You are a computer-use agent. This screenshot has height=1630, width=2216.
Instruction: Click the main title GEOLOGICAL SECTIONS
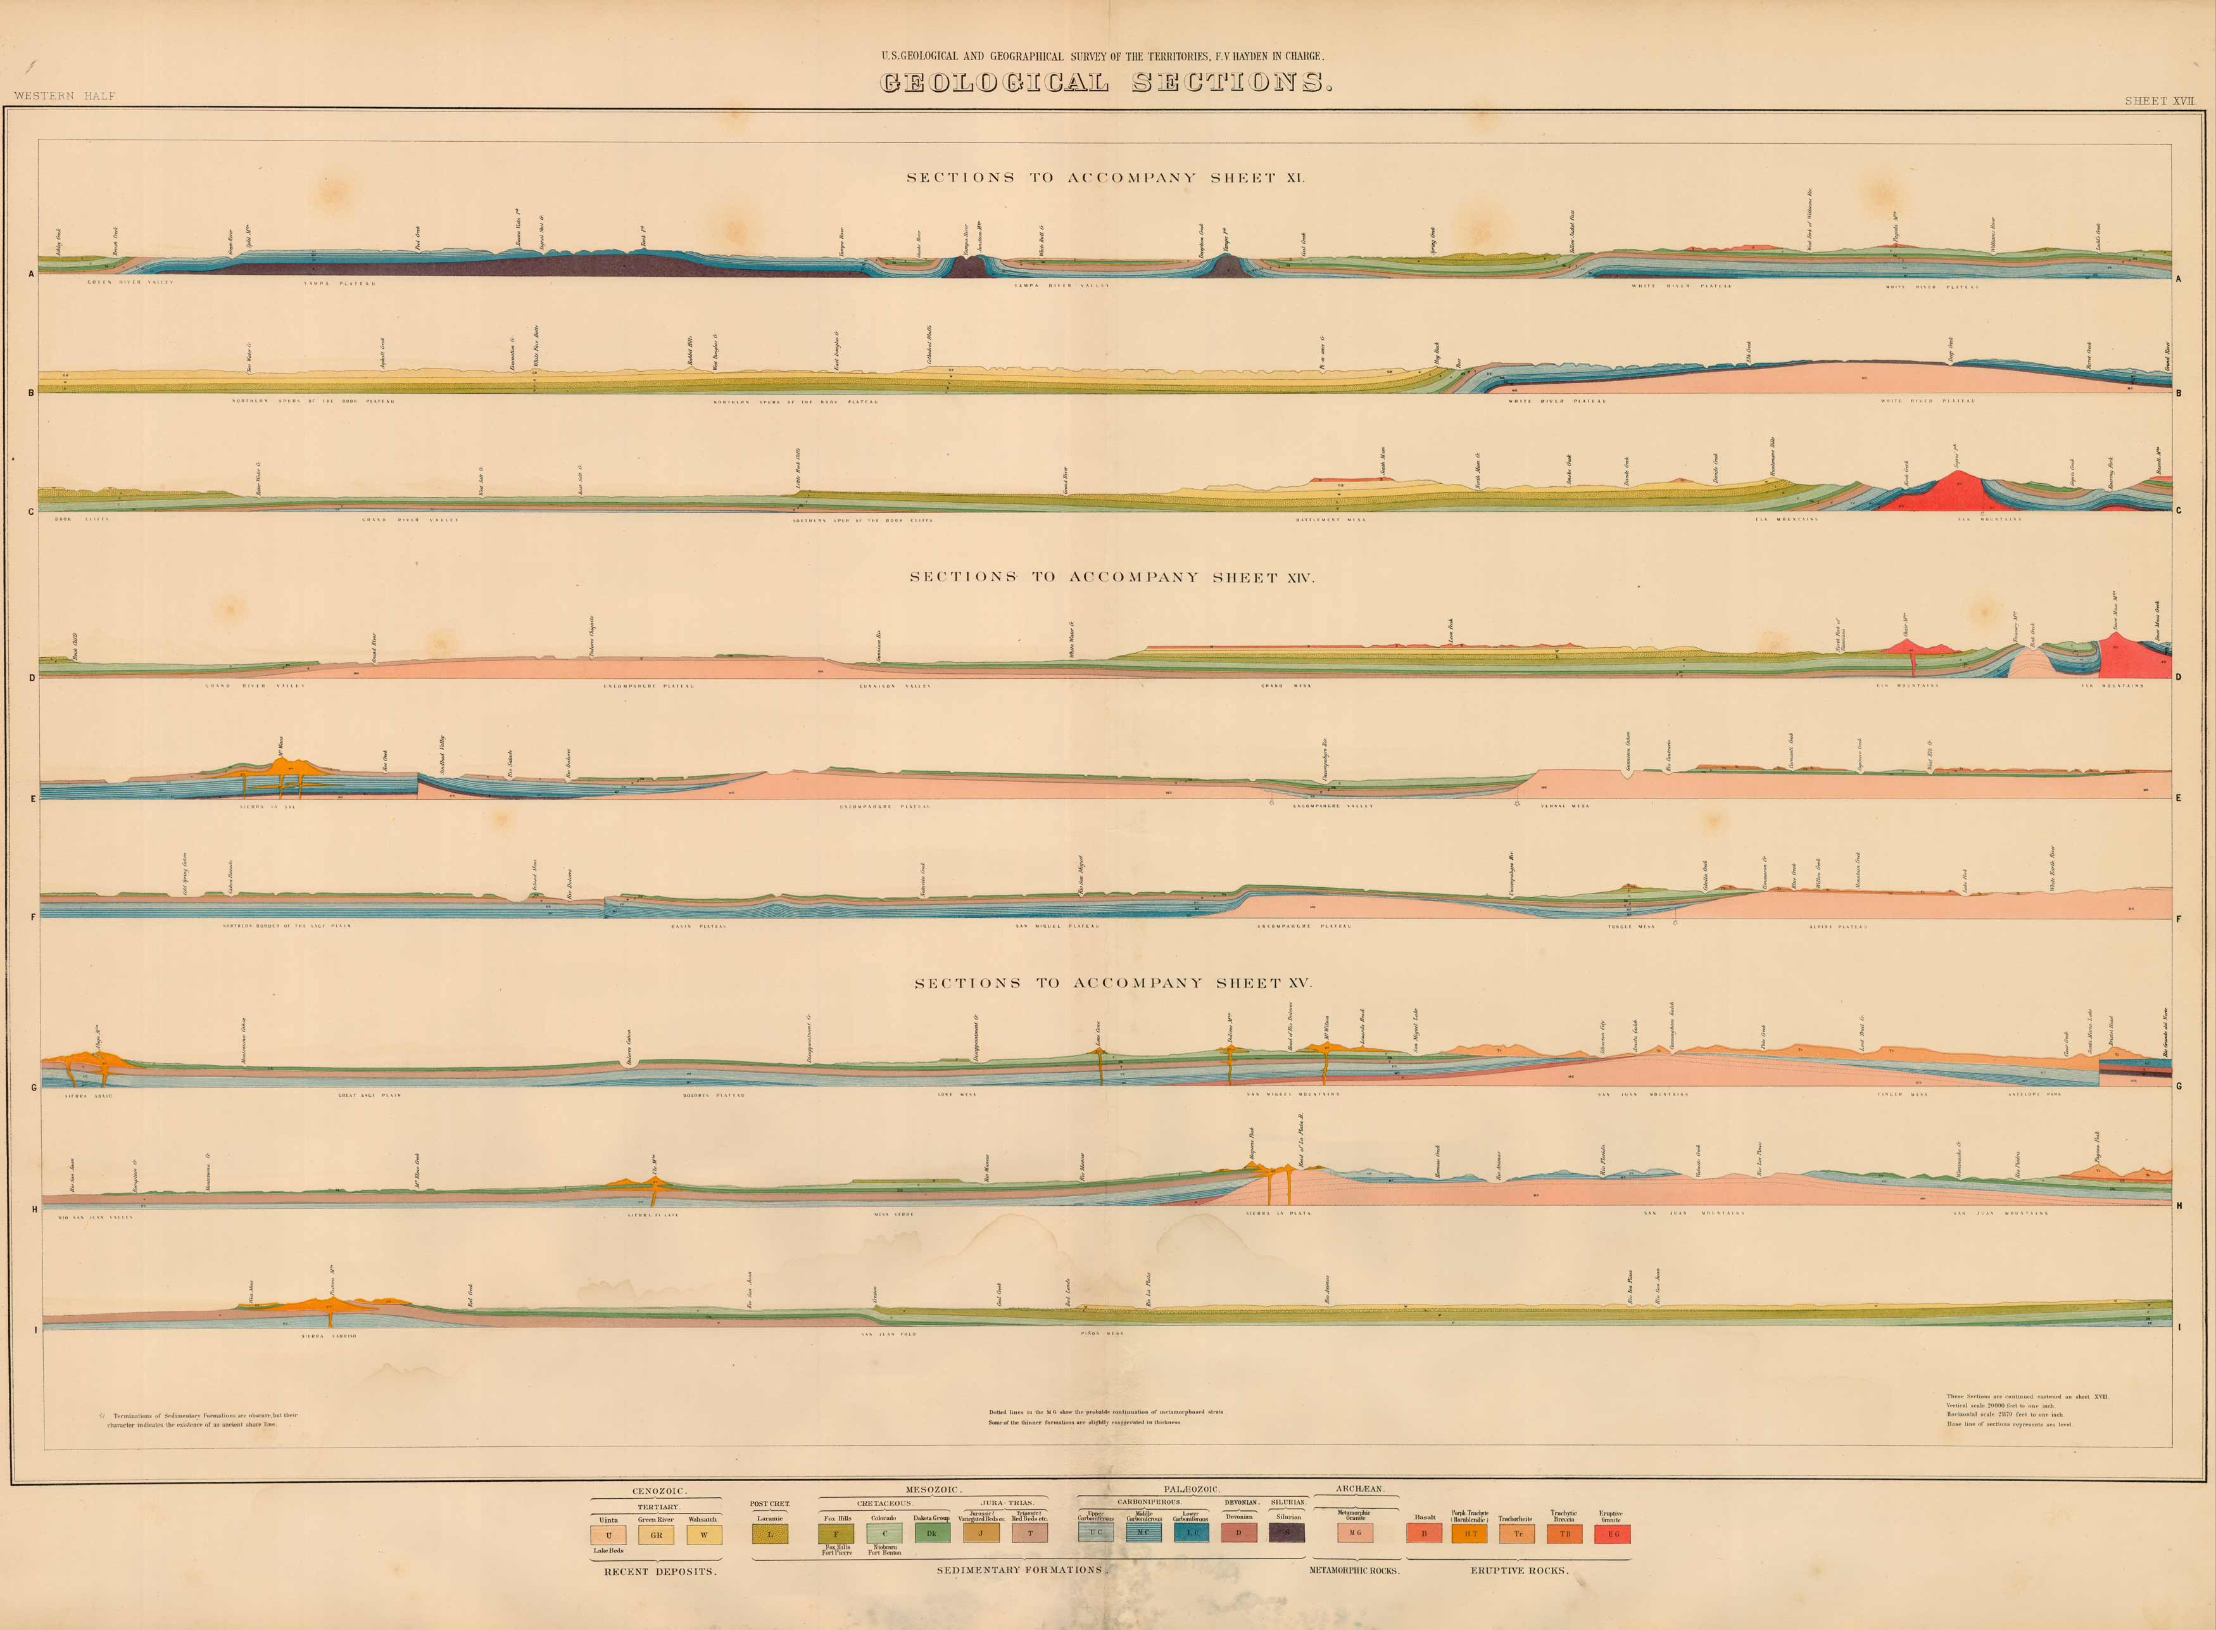pos(1106,83)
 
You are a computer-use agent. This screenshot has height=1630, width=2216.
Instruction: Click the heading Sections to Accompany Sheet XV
pos(1112,983)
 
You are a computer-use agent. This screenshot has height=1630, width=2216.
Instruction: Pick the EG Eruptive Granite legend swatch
pos(1612,1534)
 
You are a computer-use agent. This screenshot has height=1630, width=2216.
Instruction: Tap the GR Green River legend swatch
pos(656,1534)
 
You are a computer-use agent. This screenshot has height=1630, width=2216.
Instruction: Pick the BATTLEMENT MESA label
pos(1330,519)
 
